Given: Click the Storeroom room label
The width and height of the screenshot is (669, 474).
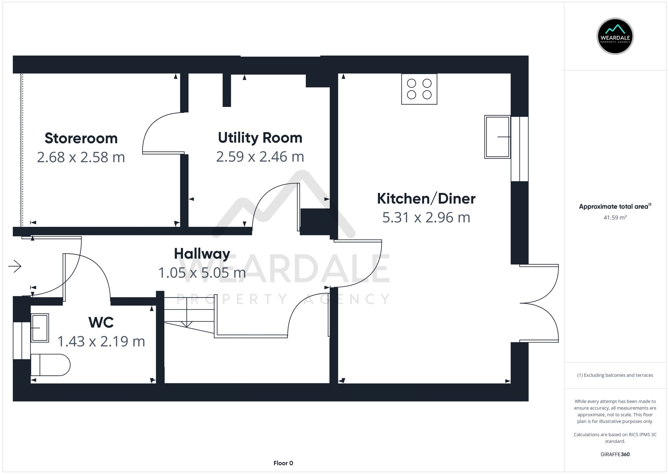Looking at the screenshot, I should [81, 138].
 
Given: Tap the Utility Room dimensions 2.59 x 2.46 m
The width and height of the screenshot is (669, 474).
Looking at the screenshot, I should [260, 157].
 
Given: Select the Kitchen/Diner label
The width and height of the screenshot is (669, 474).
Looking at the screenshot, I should [426, 199].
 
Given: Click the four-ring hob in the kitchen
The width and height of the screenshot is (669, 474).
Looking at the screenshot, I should [419, 89].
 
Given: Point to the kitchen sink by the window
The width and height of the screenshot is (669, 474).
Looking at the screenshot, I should [497, 137].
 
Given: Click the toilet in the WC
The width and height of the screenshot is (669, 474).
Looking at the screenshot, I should [50, 365].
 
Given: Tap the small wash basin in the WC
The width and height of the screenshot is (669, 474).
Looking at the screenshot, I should [40, 328].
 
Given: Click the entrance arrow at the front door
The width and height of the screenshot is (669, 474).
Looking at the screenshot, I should [15, 266].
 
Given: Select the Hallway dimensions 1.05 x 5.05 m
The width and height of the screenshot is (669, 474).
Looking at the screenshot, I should [202, 273].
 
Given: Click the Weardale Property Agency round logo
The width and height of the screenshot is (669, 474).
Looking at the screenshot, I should [615, 36].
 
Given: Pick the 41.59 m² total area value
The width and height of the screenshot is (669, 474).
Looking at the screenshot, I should [615, 217].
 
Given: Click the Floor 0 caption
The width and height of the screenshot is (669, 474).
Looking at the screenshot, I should [283, 463].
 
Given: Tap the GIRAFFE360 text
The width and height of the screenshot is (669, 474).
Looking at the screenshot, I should [615, 454].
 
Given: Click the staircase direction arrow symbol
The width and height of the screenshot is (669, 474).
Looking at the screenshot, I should [187, 324].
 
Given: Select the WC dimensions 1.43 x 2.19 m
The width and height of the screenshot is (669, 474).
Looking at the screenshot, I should [101, 341].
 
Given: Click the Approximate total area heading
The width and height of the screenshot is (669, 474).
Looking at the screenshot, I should [614, 206].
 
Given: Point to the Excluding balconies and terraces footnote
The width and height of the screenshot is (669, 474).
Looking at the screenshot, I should [615, 375].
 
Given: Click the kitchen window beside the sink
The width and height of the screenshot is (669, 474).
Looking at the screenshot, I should [519, 149].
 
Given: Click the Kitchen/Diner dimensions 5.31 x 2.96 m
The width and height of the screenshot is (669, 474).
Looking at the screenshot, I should [426, 217].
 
